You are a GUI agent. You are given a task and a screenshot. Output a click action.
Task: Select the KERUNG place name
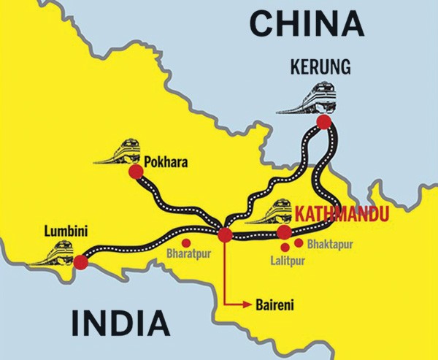[x=319, y=69]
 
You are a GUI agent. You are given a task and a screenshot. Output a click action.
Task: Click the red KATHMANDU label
[x=341, y=214]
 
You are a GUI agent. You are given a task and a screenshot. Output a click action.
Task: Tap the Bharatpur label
[x=188, y=255]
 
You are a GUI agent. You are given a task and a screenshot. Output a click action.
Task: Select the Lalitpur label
[x=284, y=259]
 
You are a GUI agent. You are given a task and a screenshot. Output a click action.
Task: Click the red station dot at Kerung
[x=323, y=122]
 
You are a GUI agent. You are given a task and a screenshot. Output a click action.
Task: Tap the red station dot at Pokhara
[x=135, y=172]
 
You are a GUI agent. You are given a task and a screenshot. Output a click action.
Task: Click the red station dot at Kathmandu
[x=285, y=232]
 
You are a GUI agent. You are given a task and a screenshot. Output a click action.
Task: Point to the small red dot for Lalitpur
[x=284, y=247]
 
